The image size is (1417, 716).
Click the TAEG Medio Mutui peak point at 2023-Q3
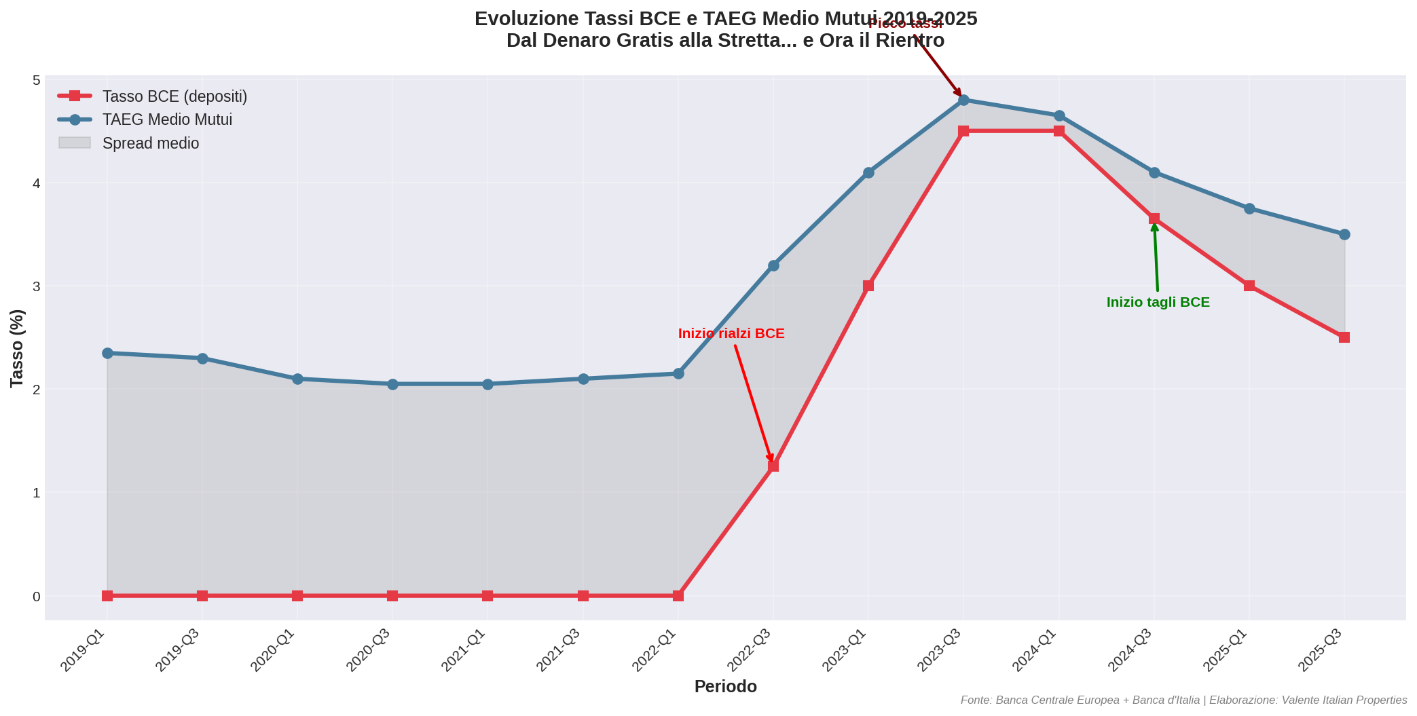(x=963, y=100)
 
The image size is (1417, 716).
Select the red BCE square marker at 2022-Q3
(x=773, y=466)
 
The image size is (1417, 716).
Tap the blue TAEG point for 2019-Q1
(x=107, y=353)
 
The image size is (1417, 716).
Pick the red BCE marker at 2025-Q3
(x=1344, y=337)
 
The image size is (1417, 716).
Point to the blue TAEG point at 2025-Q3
(x=1344, y=234)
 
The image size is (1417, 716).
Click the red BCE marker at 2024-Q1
(x=1059, y=131)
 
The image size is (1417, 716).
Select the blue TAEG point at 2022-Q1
(x=678, y=373)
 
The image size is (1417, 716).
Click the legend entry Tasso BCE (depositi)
(x=174, y=96)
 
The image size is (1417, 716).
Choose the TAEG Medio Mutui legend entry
(x=167, y=119)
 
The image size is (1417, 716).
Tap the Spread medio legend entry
(x=150, y=143)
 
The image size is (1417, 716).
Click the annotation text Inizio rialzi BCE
(x=731, y=333)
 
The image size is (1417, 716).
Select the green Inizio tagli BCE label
(x=1158, y=302)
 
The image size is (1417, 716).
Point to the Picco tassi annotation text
(x=905, y=23)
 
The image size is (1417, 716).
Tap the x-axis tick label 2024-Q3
(x=1130, y=649)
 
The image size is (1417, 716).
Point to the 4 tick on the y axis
(x=36, y=183)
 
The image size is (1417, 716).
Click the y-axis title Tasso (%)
(x=17, y=348)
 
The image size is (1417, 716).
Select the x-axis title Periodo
(x=725, y=686)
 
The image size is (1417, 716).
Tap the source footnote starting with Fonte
(x=1183, y=700)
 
